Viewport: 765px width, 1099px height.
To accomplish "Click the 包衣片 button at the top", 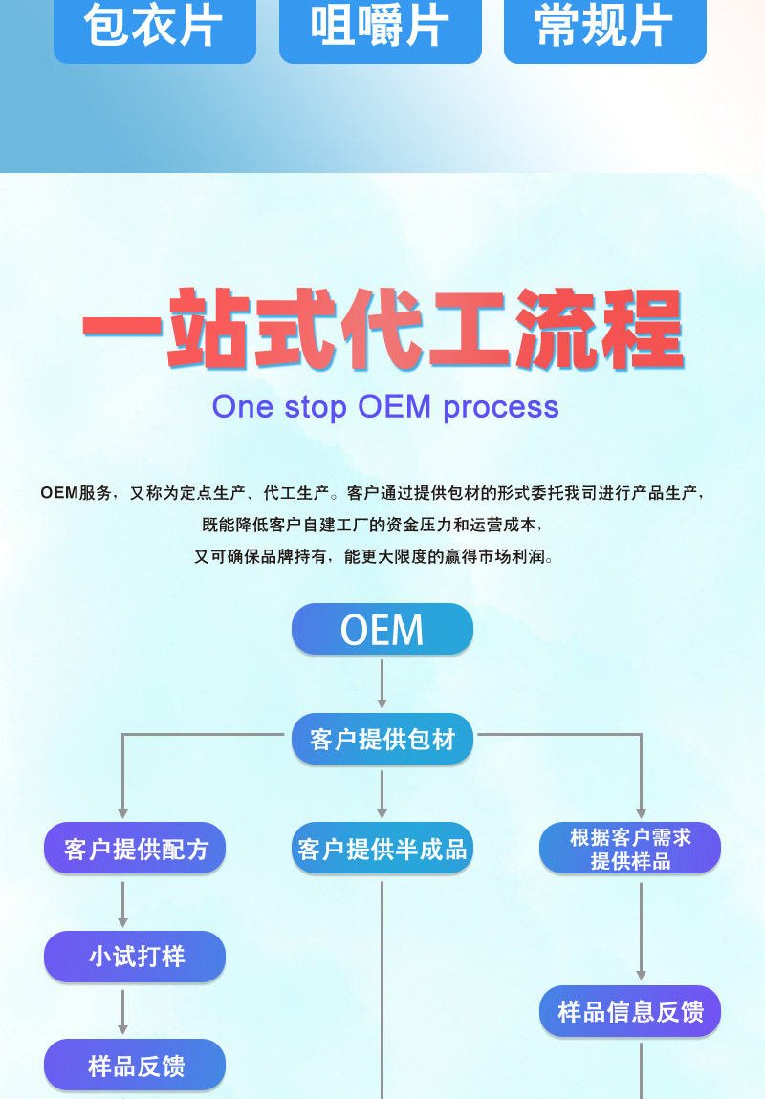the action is tap(154, 29).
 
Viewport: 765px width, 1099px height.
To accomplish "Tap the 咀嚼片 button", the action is tap(380, 29).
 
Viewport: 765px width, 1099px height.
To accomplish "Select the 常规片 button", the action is tap(604, 29).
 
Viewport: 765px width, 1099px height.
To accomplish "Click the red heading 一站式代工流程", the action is tap(382, 330).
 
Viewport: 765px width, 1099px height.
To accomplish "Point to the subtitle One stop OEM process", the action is tap(385, 406).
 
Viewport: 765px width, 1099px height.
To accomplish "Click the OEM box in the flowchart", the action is tap(382, 630).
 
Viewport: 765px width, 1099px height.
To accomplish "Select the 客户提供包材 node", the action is tap(382, 739).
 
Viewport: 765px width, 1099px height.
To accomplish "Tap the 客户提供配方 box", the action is tap(135, 848).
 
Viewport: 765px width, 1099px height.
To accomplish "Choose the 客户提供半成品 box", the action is tap(382, 848).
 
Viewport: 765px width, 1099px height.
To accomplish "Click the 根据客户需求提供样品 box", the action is tap(629, 848).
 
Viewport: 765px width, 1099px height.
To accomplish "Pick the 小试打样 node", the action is tap(135, 957).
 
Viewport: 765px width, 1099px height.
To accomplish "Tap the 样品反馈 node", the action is tap(135, 1066).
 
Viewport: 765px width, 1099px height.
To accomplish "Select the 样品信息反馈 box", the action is tap(629, 1011).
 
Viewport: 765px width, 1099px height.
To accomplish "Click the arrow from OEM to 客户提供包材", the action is tap(382, 683).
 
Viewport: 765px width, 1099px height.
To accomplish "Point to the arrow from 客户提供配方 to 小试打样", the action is tap(122, 903).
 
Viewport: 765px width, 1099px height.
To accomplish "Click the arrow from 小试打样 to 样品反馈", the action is tap(122, 1011).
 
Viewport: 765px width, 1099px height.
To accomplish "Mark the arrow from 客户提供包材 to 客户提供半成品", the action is tap(382, 793).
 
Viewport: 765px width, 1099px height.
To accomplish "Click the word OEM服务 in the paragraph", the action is tap(76, 493).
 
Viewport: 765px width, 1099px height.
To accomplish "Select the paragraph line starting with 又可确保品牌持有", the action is tap(373, 556).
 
